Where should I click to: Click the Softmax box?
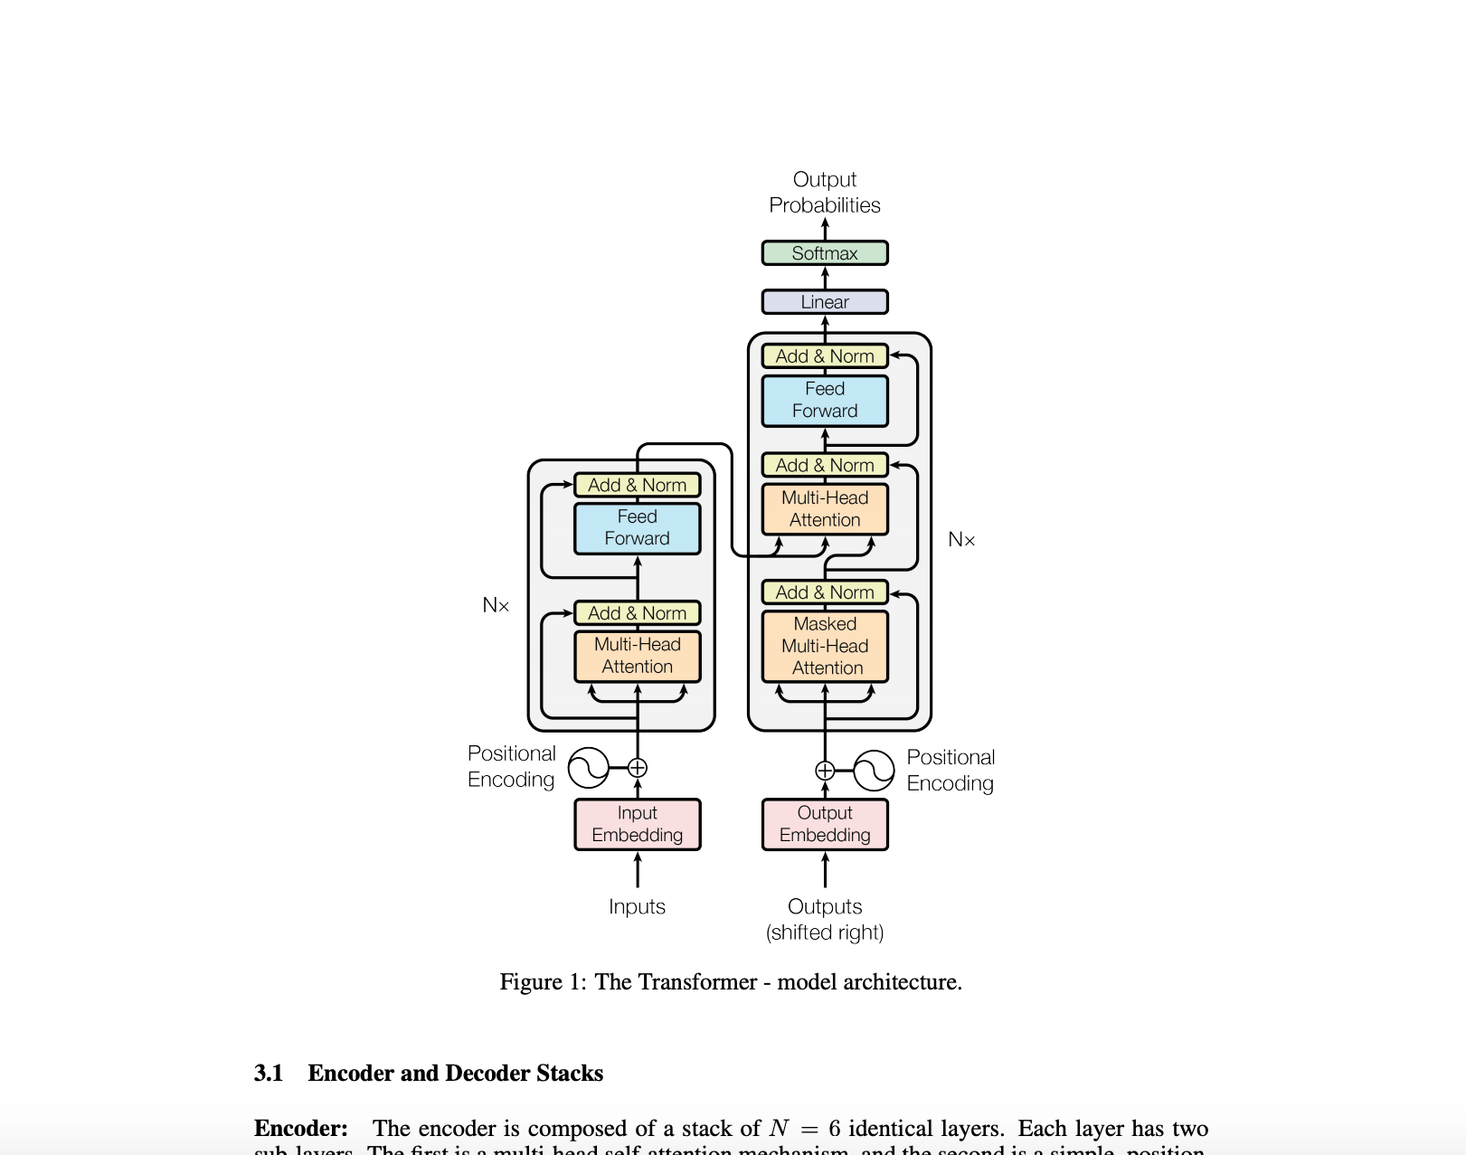(825, 253)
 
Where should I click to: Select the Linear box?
(825, 302)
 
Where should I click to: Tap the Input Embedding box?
(638, 824)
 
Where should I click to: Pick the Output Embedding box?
(825, 824)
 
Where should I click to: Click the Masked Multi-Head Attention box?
(825, 646)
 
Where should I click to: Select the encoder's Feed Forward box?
(638, 527)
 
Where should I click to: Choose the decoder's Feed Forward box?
(825, 400)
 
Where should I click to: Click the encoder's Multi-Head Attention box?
(638, 656)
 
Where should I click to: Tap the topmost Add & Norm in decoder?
(825, 356)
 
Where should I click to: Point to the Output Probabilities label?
(825, 193)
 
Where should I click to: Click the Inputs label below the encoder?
(638, 906)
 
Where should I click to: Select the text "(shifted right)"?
(825, 933)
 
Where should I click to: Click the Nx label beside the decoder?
(961, 540)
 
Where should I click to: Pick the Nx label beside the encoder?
(496, 605)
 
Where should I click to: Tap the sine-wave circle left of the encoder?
(588, 768)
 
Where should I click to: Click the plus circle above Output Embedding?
(825, 771)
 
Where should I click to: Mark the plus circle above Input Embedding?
(638, 768)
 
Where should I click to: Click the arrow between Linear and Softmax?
(825, 278)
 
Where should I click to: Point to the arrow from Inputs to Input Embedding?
(638, 870)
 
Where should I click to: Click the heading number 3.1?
(269, 1074)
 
